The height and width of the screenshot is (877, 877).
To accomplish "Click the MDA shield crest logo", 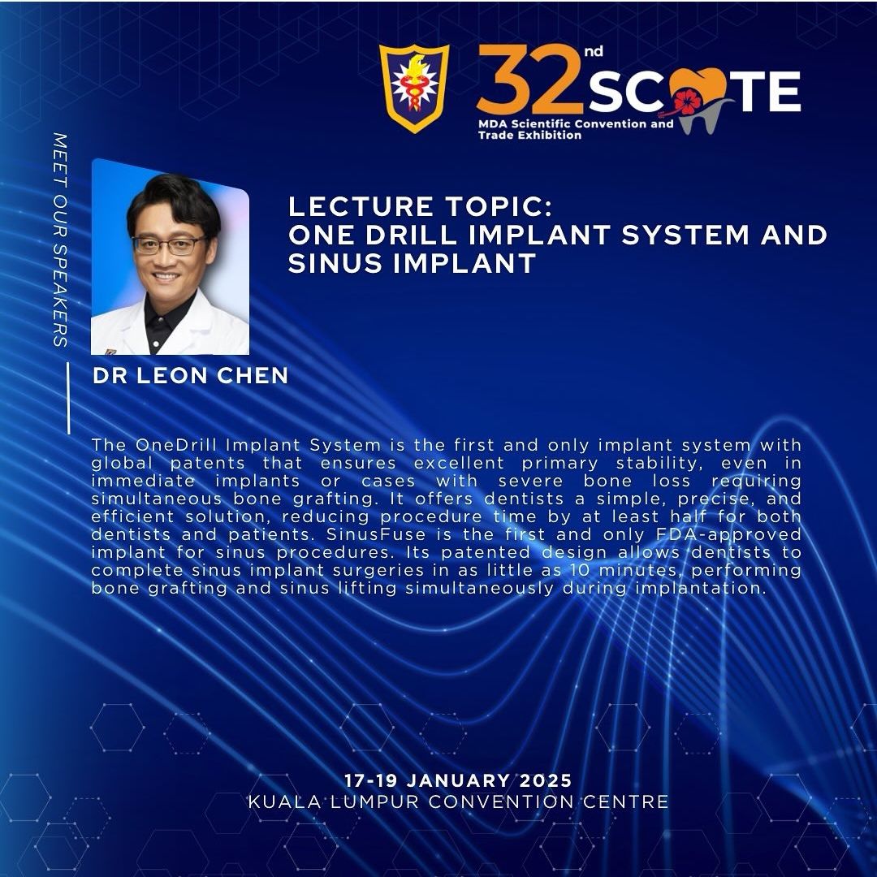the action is point(414,88).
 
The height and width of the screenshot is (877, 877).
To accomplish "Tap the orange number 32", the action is point(529,79).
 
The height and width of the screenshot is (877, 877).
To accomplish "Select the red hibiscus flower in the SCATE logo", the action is point(688,102).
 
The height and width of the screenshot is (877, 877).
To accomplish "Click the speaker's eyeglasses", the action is point(169,244).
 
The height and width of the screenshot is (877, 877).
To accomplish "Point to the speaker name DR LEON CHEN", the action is point(190,375).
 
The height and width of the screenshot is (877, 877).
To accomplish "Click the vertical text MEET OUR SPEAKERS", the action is point(60,240).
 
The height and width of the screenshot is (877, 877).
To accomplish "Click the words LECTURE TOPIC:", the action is point(420,206).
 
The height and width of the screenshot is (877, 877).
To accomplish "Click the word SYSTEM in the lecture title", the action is point(685,235).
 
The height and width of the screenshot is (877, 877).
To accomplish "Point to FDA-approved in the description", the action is point(728,534).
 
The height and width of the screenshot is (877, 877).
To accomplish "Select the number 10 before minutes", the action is point(579,570).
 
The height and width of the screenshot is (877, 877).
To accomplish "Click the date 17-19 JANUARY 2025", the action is point(458,780).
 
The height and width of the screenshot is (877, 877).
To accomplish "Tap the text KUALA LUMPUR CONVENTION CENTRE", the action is point(458,801).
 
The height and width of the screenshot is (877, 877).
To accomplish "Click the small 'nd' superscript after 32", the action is point(594,52).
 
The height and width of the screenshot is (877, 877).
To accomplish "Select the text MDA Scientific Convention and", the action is point(576,123).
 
